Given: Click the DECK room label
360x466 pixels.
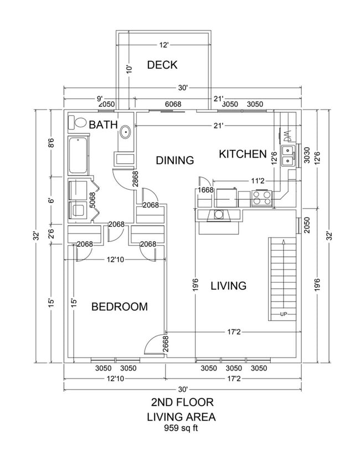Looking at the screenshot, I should pyautogui.click(x=162, y=65).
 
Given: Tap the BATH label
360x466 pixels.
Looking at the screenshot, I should pyautogui.click(x=104, y=126).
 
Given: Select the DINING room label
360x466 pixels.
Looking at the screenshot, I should pyautogui.click(x=174, y=160).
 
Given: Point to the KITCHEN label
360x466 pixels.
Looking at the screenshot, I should pyautogui.click(x=243, y=154).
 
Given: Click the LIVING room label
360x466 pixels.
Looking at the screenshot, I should pyautogui.click(x=228, y=286).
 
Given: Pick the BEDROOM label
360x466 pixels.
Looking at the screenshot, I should pyautogui.click(x=120, y=307).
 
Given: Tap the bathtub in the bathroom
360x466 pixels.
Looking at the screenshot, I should pyautogui.click(x=79, y=156).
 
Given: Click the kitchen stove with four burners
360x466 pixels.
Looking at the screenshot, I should pyautogui.click(x=262, y=196).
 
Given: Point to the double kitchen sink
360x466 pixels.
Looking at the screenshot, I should pyautogui.click(x=288, y=156).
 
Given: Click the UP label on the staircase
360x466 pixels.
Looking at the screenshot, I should pyautogui.click(x=284, y=315).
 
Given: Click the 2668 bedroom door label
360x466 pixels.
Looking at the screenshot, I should pyautogui.click(x=164, y=345).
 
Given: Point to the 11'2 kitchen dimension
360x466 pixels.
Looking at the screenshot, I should pyautogui.click(x=259, y=180).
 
